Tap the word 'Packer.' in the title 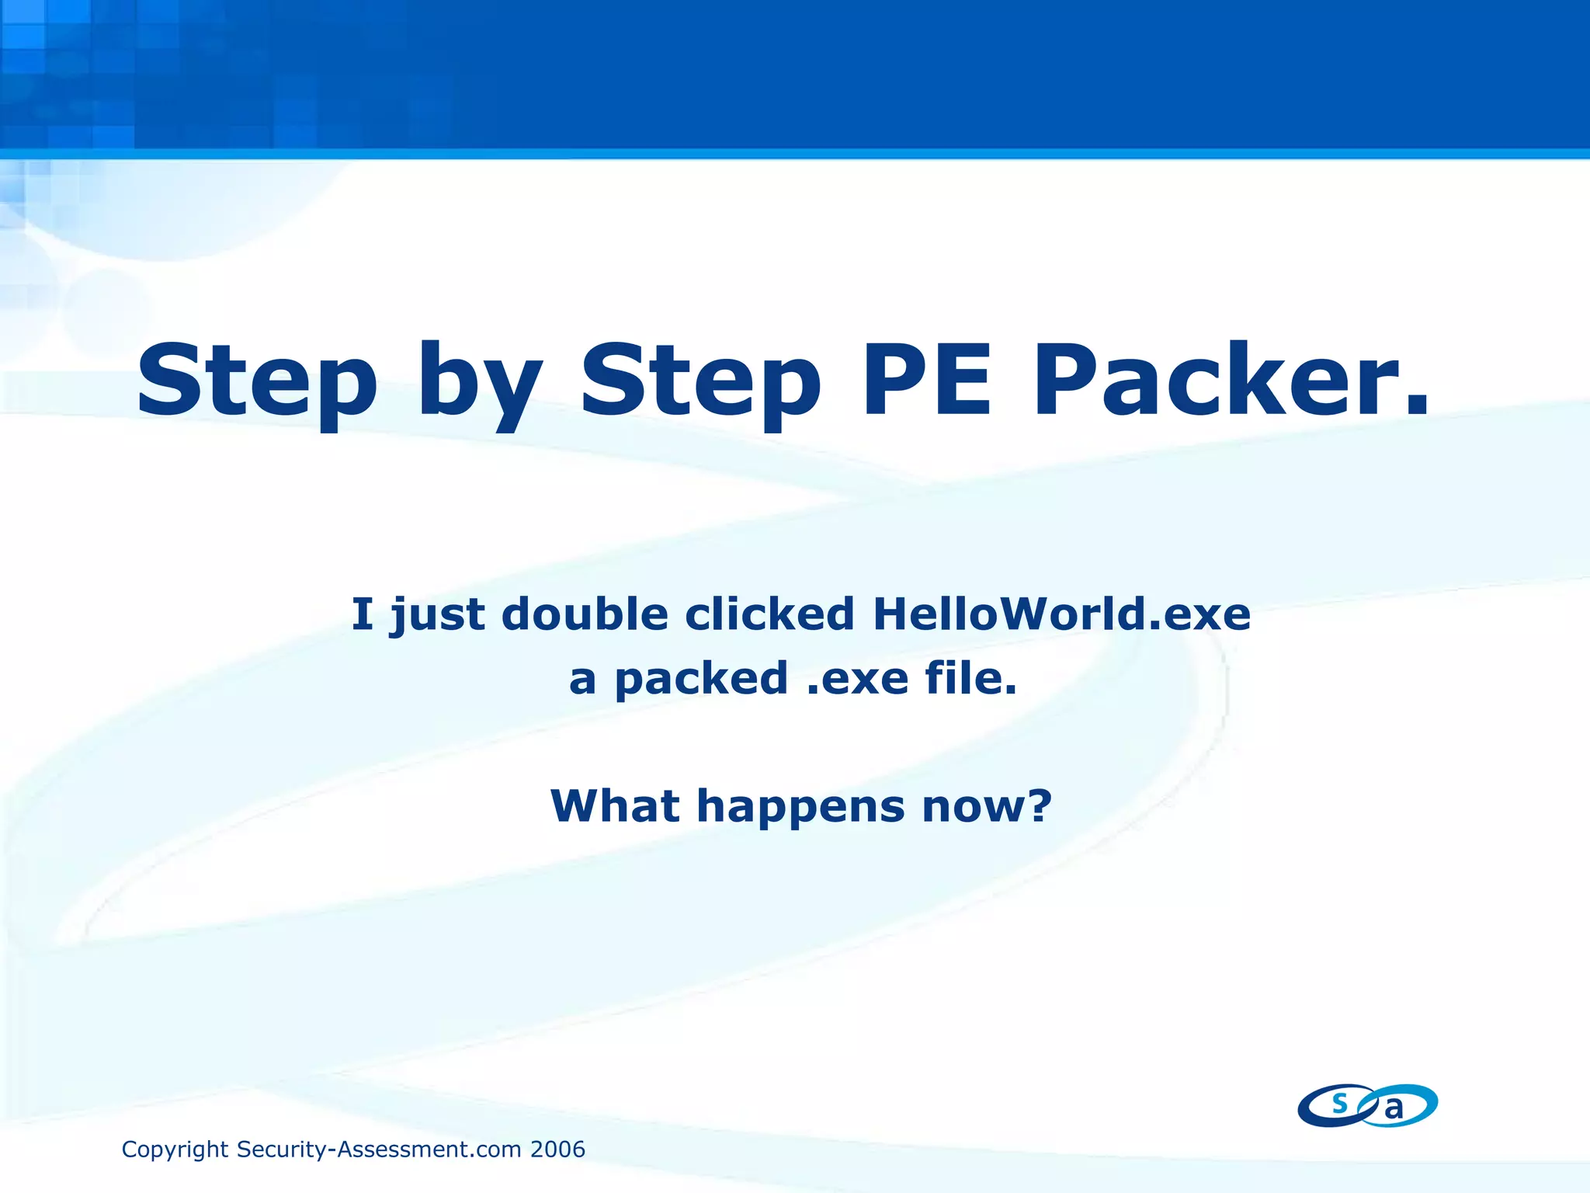click(1230, 381)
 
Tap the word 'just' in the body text click(438, 615)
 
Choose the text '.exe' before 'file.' click(857, 679)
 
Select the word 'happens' click(800, 808)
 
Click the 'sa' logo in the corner click(1367, 1105)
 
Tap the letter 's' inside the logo click(1339, 1102)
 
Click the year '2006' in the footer click(557, 1149)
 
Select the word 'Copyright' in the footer click(175, 1150)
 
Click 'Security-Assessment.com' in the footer click(379, 1149)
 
